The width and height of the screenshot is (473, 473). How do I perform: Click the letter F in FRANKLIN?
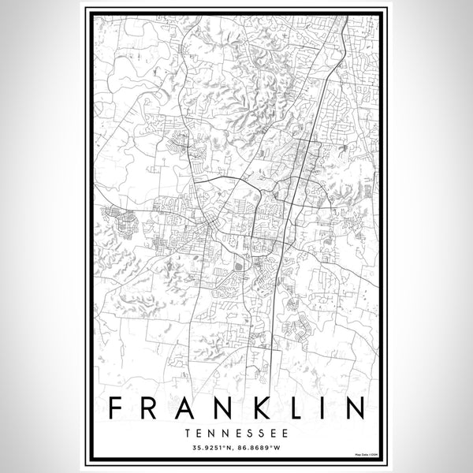(x=117, y=409)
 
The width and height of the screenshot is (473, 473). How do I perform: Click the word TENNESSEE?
(x=236, y=433)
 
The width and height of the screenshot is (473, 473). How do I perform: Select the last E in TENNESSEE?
(x=281, y=433)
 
